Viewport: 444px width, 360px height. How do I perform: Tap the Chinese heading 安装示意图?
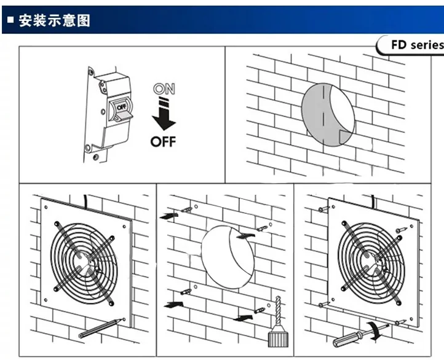coord(55,20)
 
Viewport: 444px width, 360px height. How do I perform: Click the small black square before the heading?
coord(10,22)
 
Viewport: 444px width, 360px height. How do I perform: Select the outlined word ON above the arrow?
coord(164,89)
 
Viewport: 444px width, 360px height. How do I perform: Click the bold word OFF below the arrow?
coord(164,141)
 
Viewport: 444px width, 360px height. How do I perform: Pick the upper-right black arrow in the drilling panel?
coord(245,235)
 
